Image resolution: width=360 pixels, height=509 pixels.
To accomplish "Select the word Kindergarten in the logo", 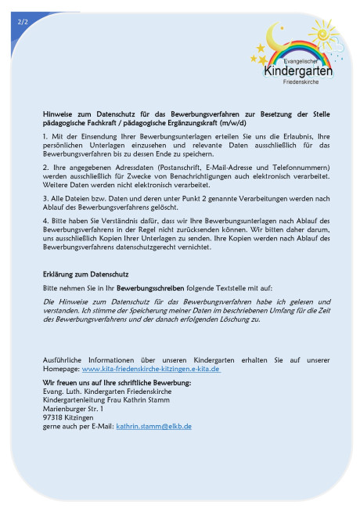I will coord(298,71).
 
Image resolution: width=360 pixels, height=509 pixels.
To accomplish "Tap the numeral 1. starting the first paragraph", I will coord(45,137).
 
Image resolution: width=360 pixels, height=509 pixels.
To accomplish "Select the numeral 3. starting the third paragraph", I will coord(46,199).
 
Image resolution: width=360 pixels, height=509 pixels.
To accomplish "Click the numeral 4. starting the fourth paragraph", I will coord(46,221).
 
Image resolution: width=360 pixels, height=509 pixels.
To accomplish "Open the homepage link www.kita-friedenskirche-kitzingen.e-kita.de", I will coord(150,368).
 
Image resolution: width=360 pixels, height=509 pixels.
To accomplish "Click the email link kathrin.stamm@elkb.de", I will coord(153,426).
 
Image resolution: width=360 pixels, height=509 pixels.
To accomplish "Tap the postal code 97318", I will coord(54,417).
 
